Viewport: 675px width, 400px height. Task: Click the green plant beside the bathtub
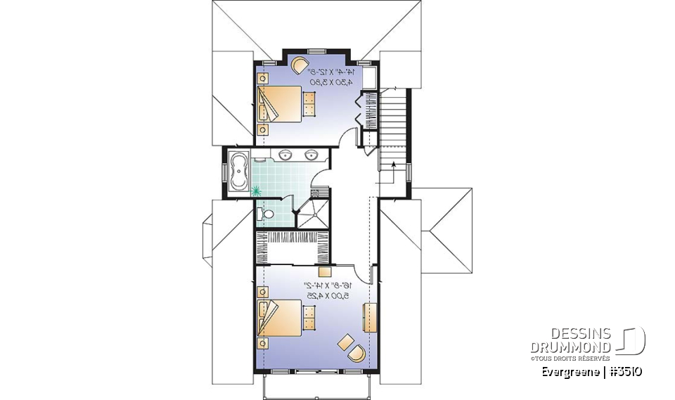pos(255,189)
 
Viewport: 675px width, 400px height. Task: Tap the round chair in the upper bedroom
pos(300,65)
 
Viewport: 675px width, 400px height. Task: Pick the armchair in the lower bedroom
pos(357,352)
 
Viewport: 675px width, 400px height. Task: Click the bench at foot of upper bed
pos(309,103)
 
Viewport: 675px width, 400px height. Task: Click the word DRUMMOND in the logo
pos(571,347)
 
